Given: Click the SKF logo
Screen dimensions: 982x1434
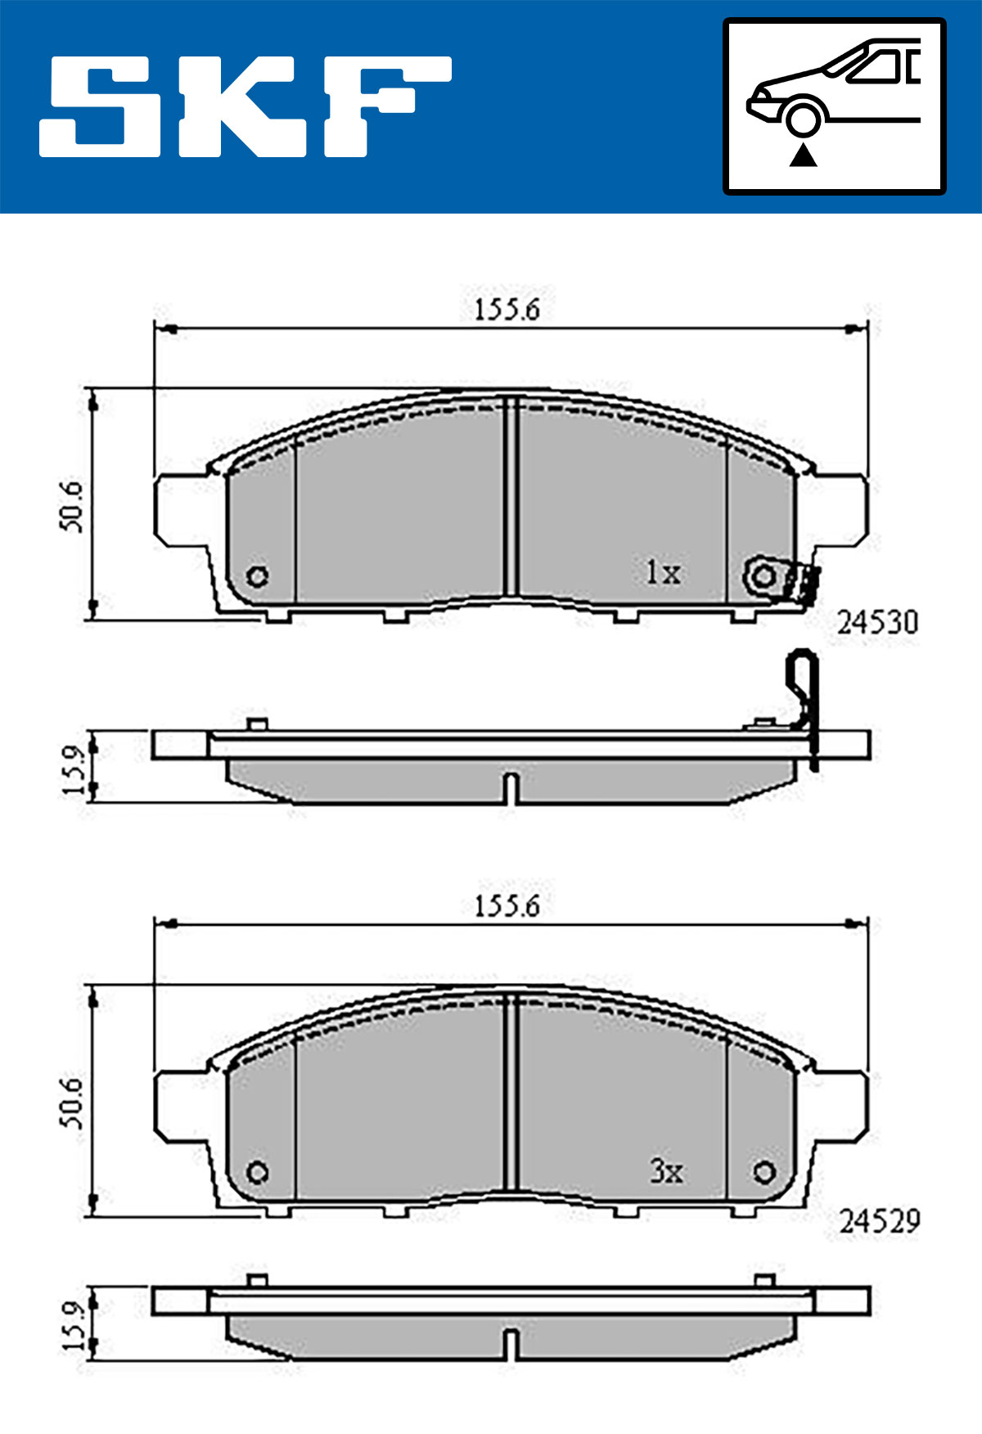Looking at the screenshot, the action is point(245,106).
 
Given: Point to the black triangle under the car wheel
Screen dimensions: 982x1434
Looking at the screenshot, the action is point(803,155).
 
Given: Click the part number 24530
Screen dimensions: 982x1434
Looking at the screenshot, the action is point(877,623).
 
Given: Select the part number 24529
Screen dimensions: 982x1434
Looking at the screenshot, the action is point(879,1221).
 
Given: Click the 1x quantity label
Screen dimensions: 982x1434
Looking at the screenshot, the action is point(663,572).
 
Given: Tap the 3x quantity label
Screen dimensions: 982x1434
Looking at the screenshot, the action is point(666,1171).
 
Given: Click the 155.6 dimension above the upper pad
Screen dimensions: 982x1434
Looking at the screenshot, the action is point(507,310).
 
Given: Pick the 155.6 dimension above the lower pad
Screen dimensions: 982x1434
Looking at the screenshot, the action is point(507,906).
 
